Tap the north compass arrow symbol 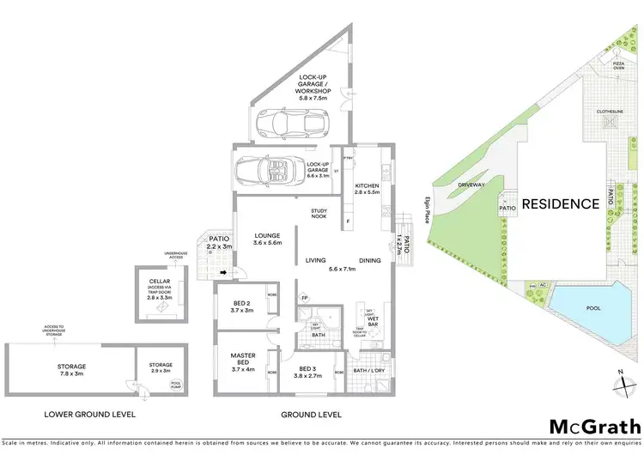(x=621, y=375)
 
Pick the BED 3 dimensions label (x=307, y=375)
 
